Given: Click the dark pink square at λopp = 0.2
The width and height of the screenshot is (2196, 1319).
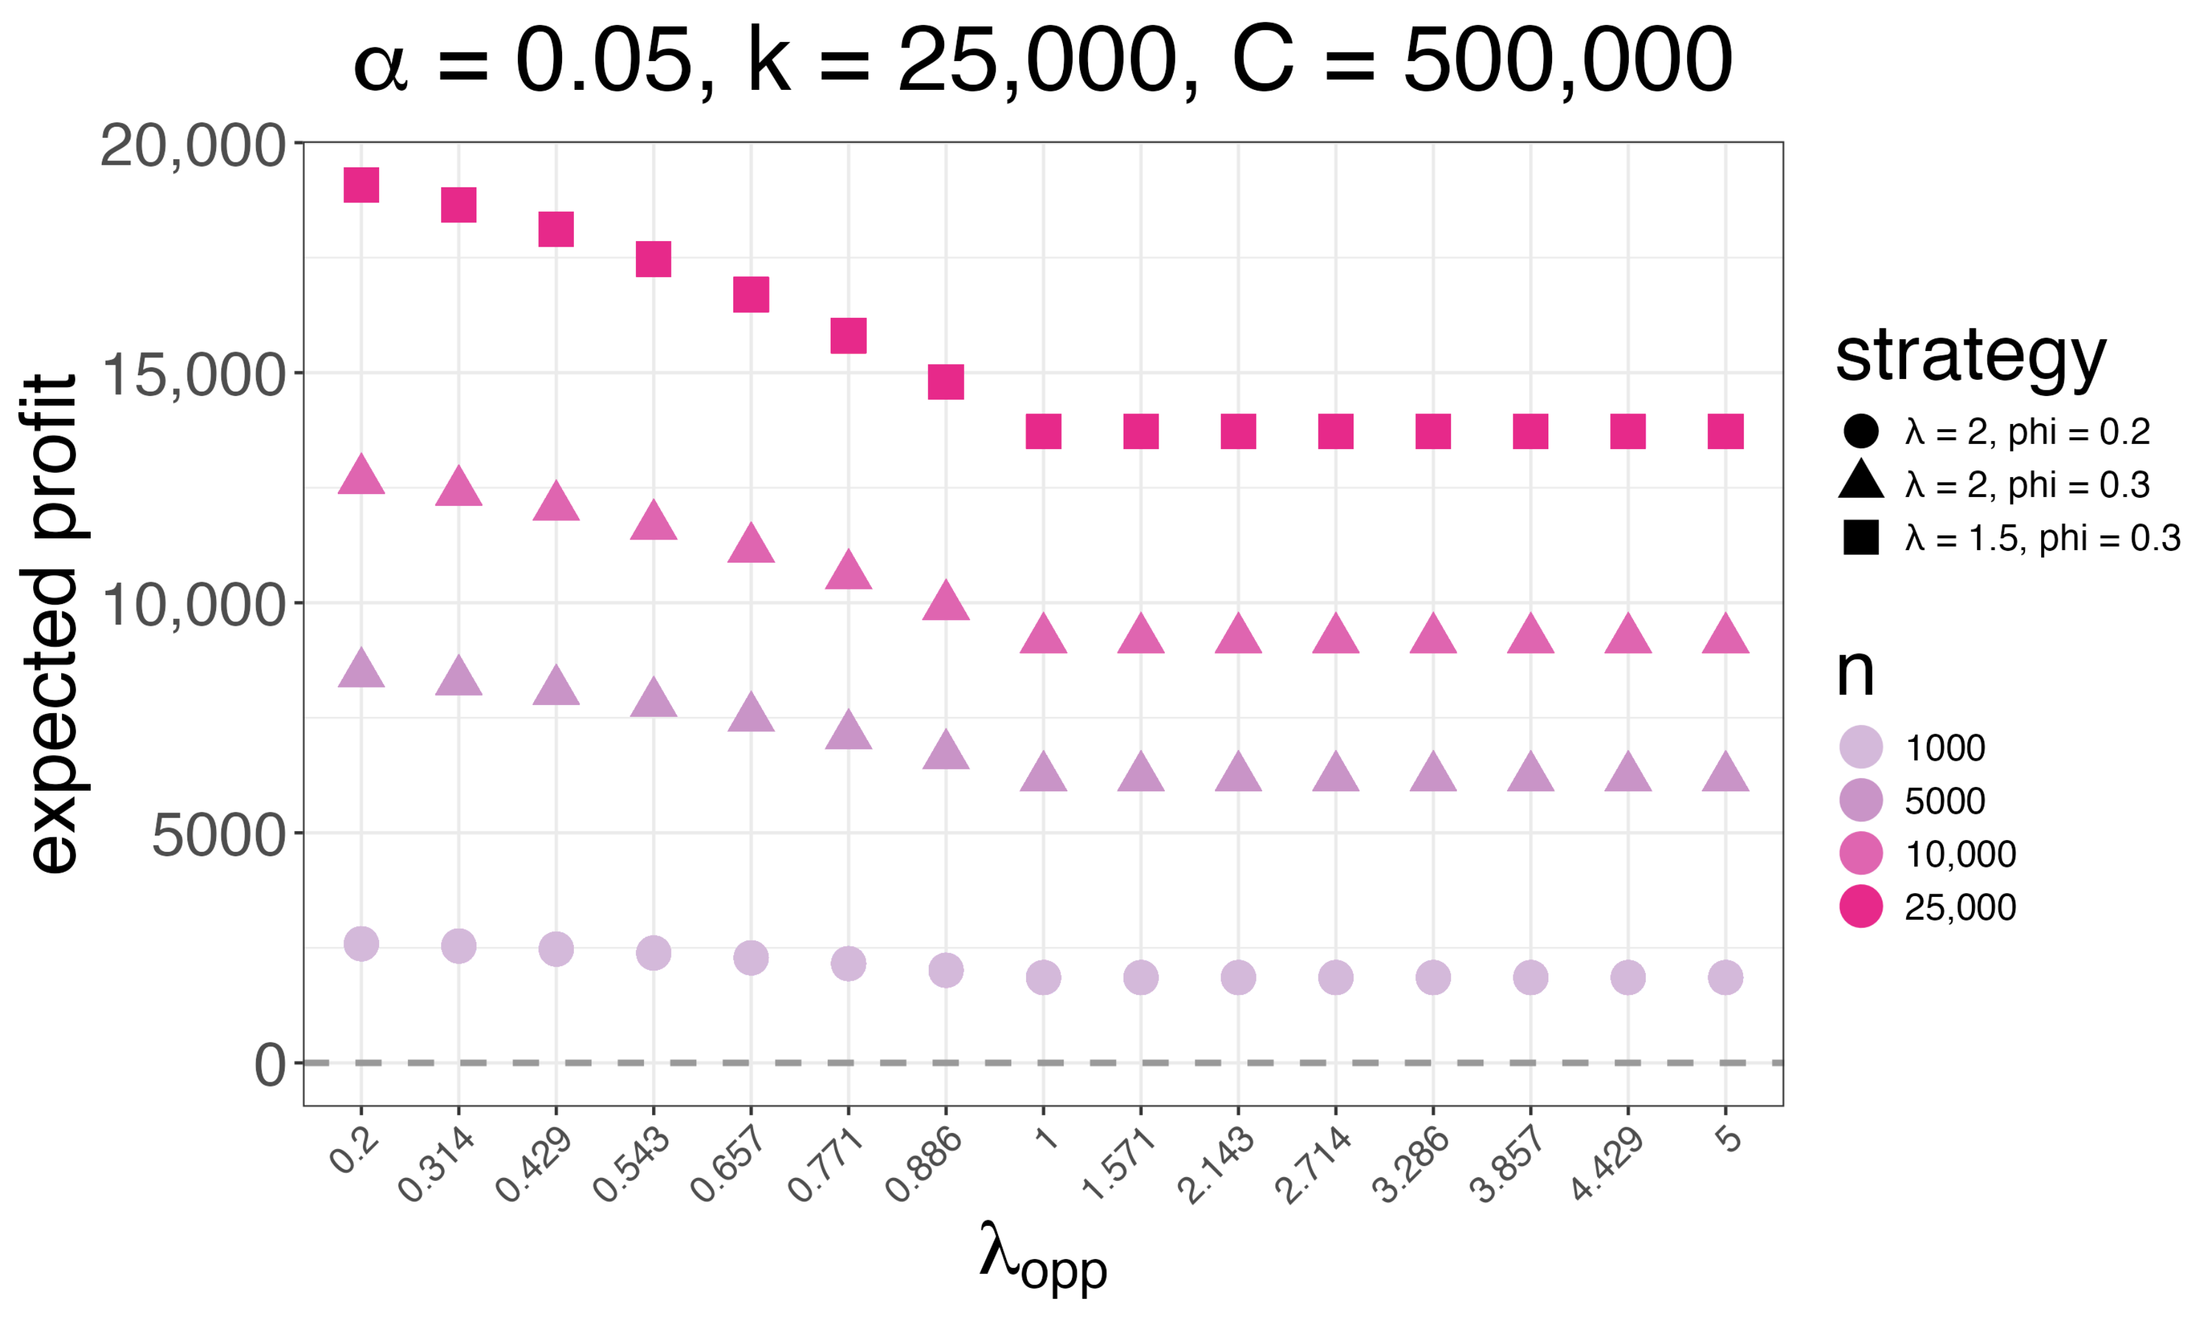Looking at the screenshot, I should click(361, 185).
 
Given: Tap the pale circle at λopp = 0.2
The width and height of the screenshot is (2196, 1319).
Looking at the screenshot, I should click(361, 943).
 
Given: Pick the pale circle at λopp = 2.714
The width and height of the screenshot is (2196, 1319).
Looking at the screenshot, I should click(1335, 977).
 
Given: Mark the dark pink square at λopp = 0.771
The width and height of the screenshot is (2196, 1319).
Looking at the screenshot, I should click(848, 336).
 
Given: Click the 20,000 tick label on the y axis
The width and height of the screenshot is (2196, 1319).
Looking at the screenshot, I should click(193, 145).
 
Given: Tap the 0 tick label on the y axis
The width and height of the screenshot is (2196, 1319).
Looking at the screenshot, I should click(270, 1064).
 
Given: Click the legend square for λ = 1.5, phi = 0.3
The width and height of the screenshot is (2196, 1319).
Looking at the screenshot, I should click(1860, 538).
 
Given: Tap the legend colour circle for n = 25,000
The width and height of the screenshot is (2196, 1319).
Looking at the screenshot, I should click(1860, 907).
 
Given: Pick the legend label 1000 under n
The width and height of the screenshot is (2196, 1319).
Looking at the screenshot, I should click(1944, 748).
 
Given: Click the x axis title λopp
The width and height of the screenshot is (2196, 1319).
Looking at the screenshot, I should click(1042, 1256).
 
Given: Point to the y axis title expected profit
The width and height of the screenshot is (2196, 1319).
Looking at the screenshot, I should click(53, 622).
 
